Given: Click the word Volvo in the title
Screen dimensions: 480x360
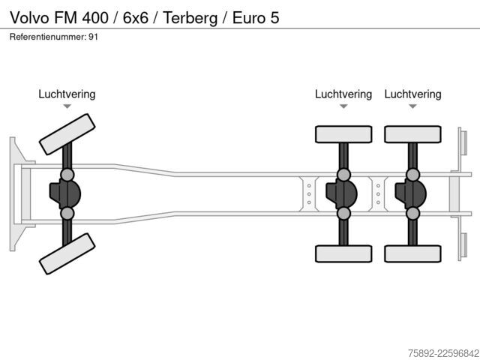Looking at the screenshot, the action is point(30,17).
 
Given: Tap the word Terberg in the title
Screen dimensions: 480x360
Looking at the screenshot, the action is point(190,18).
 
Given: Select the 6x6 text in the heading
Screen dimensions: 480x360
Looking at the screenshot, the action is point(136,18).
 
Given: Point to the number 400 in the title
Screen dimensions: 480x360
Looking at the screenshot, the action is point(95,18).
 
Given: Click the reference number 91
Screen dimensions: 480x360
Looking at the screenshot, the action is point(93,37).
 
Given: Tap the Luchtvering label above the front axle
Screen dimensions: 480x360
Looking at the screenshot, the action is point(67,94).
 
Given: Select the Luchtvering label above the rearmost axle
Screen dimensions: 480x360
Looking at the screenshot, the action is point(412,94).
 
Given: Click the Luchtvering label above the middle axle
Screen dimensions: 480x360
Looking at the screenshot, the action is point(343,94).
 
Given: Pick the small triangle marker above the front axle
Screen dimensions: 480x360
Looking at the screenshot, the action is point(67,106).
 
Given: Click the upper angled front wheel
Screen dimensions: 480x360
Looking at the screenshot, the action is point(67,134).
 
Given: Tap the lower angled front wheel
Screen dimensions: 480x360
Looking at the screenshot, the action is point(67,253).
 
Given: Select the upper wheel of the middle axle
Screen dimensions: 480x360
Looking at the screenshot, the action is point(343,134).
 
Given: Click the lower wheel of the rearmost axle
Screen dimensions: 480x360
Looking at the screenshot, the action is point(412,253).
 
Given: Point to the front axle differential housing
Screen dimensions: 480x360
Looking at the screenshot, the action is point(65,194).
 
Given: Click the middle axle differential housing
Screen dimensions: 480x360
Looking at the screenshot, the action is point(341,194).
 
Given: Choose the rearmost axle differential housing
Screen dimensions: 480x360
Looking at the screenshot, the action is point(410,194).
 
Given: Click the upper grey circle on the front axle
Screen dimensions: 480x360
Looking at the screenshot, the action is point(67,175).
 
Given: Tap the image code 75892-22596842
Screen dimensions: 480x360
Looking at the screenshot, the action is point(443,353).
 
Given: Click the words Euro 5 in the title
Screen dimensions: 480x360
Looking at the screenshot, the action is point(256,18).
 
